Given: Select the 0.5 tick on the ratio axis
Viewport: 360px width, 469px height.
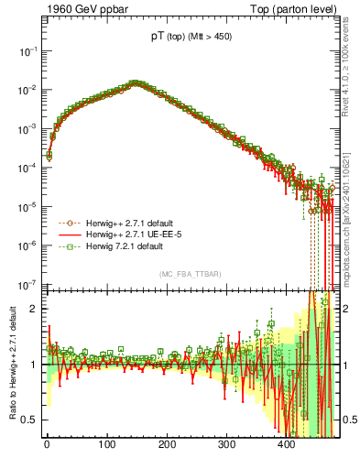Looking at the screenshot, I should click(x=27, y=420).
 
